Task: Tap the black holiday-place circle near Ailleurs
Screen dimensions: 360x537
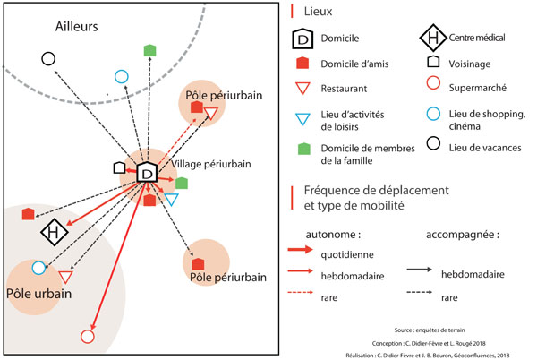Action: click(48, 58)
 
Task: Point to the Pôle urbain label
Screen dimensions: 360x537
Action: click(37, 295)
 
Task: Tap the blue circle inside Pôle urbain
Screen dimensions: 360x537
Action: click(38, 268)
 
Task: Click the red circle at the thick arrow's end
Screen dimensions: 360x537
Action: click(87, 336)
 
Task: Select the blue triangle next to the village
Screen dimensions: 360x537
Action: click(171, 200)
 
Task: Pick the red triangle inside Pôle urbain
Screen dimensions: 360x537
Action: click(65, 278)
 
